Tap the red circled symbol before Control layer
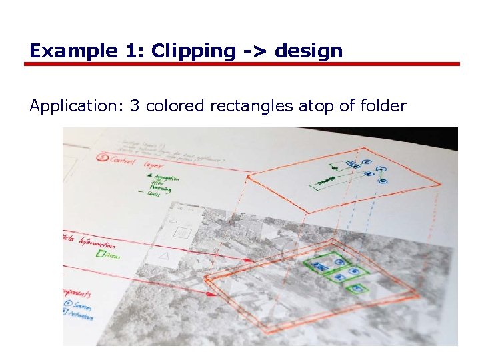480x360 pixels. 102,159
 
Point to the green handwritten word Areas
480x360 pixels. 111,255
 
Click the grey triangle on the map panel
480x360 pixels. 164,256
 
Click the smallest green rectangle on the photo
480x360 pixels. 357,289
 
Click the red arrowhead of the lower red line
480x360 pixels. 211,293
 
